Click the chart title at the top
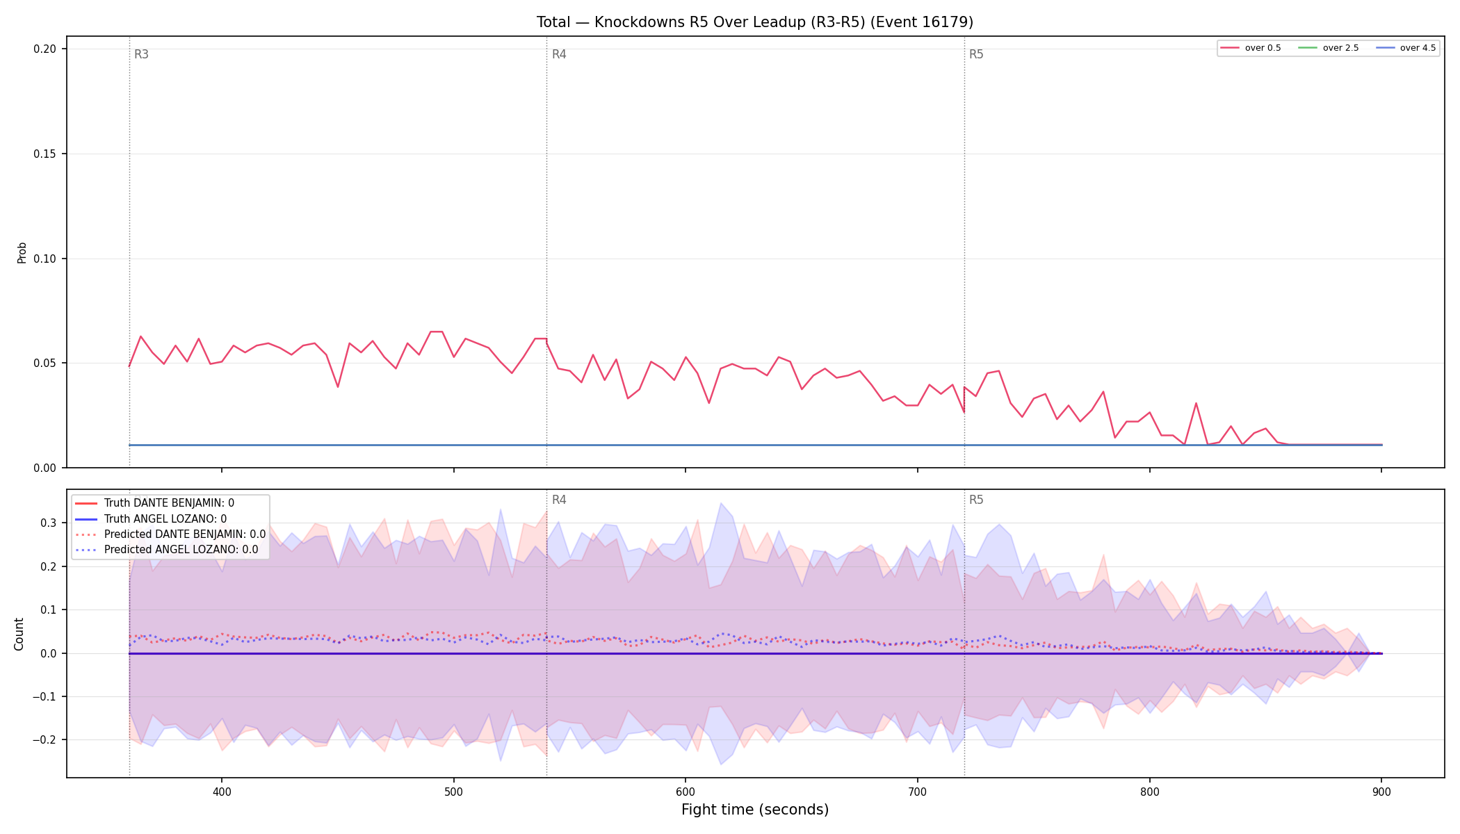click(754, 22)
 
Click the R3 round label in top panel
click(141, 54)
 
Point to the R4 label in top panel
click(559, 54)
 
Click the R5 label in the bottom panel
click(976, 500)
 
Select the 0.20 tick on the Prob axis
click(45, 49)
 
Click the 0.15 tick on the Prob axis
click(45, 154)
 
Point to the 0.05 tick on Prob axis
click(45, 363)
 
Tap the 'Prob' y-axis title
click(22, 252)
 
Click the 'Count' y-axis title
click(19, 634)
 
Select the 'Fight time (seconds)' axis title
click(755, 810)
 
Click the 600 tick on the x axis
click(686, 792)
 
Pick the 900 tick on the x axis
click(1381, 792)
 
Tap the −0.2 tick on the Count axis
click(44, 740)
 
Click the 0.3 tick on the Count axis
click(48, 523)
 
